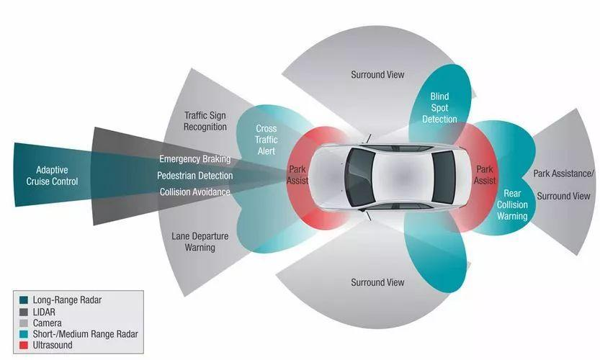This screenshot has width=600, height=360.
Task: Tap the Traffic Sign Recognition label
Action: tap(205, 121)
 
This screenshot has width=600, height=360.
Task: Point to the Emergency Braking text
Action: tap(194, 159)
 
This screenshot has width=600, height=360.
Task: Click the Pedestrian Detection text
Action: tap(194, 176)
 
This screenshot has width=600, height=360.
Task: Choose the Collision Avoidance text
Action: tap(194, 192)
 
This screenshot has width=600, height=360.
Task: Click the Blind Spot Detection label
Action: tap(439, 107)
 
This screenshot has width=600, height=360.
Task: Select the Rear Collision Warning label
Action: tap(511, 204)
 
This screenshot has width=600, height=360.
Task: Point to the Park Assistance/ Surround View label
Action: tap(563, 185)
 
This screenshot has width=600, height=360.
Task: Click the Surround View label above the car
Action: tap(377, 74)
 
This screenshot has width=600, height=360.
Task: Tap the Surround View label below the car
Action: tap(377, 282)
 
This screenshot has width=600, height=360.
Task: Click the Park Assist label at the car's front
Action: tap(297, 176)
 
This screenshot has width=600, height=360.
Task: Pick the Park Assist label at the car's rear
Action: tap(485, 176)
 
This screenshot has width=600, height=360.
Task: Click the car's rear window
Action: tap(444, 176)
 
